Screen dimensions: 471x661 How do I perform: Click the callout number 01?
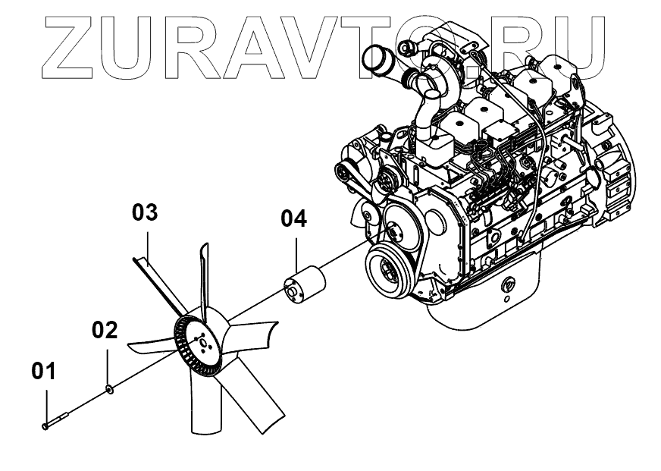[x=43, y=372]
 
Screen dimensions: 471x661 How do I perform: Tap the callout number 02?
[x=105, y=330]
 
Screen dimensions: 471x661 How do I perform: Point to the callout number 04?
[x=294, y=219]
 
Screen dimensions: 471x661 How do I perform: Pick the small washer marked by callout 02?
[x=110, y=390]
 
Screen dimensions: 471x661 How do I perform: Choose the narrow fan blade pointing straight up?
[x=203, y=273]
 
